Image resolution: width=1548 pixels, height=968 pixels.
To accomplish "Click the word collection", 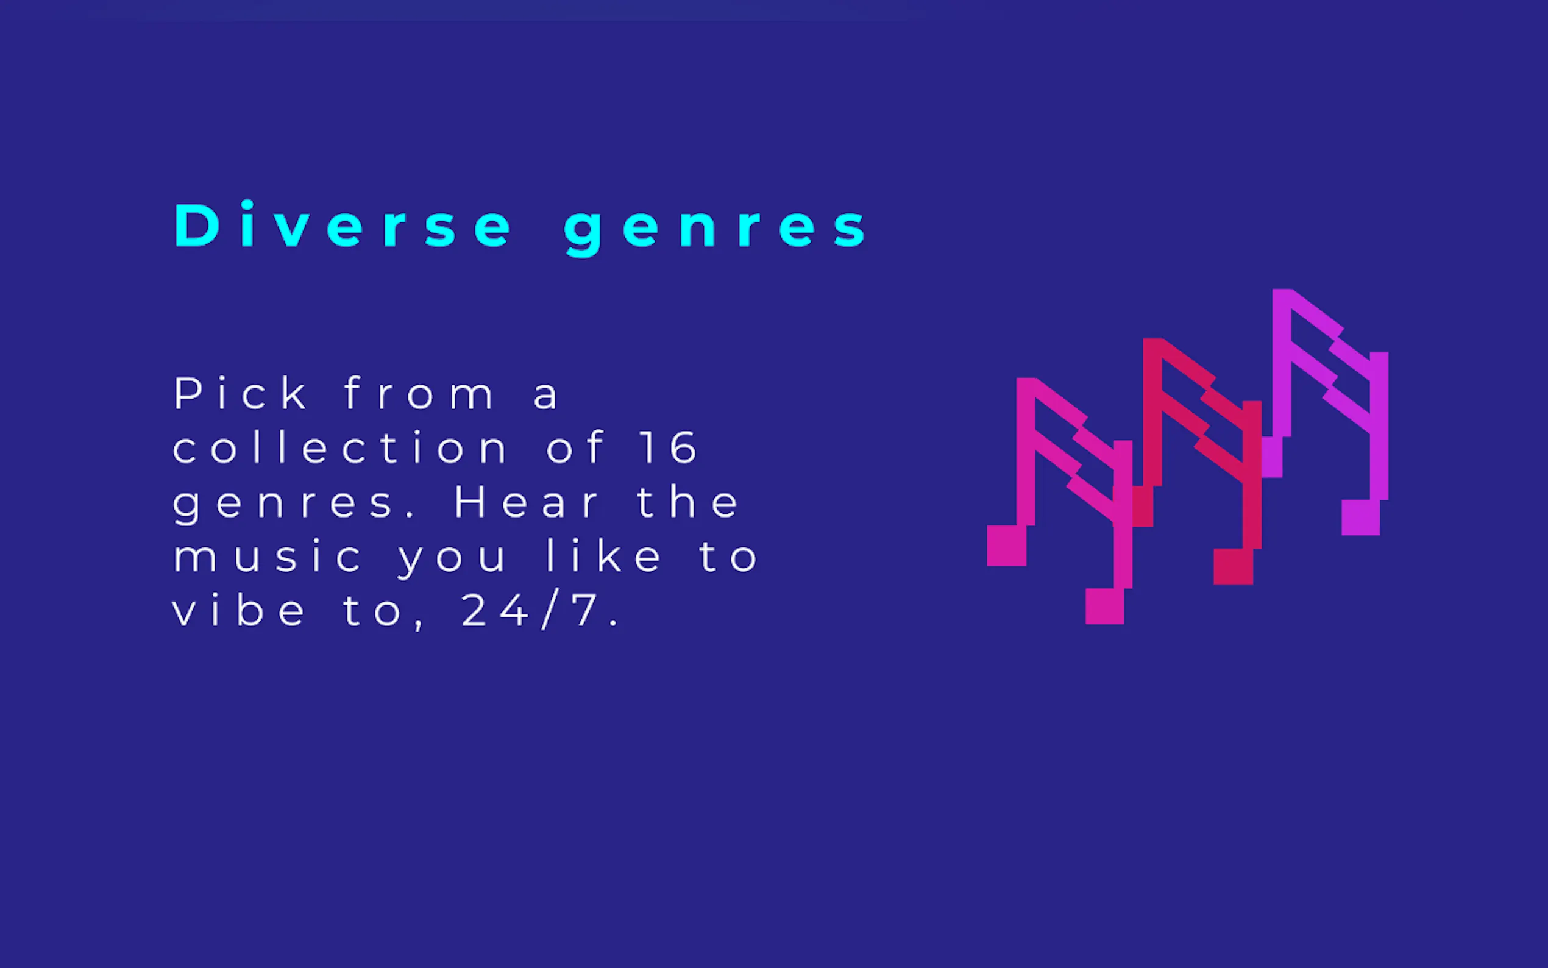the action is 340,447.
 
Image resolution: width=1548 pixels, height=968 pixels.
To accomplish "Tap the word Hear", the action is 527,501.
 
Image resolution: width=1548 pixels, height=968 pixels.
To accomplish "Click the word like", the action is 603,556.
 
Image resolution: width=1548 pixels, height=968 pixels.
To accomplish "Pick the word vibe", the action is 239,610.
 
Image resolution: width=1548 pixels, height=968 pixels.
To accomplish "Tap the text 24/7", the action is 539,611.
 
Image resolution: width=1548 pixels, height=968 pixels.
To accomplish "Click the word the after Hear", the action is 688,501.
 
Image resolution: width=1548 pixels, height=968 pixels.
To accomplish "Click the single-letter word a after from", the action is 546,396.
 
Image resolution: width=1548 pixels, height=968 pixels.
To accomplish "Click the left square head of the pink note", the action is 1007,546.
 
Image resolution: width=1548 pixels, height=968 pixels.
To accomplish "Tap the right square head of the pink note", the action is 1104,606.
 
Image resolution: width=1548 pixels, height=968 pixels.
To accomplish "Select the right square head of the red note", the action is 1233,566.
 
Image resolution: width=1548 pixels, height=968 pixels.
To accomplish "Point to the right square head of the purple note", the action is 1360,518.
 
